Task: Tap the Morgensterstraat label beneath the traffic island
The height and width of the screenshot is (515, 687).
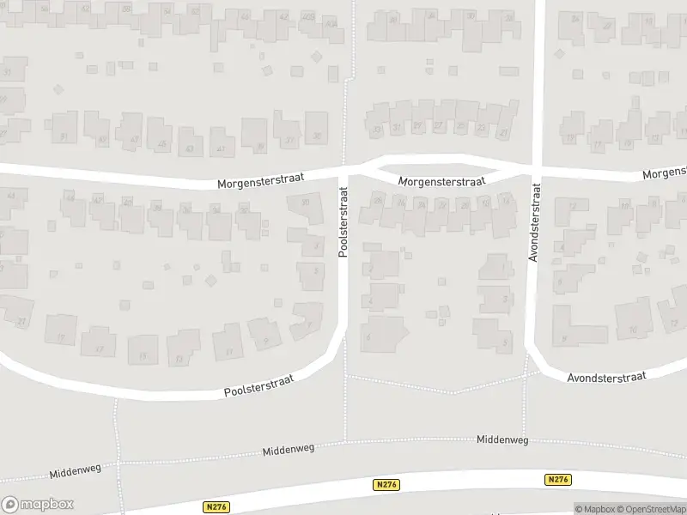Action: [442, 181]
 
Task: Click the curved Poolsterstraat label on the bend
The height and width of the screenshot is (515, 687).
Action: [258, 385]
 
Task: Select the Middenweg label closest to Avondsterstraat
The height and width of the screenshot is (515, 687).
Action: [502, 439]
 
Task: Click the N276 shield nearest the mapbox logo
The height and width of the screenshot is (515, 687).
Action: [217, 507]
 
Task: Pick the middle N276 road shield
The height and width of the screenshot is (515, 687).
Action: [386, 485]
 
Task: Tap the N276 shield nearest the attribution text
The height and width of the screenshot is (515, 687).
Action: [558, 480]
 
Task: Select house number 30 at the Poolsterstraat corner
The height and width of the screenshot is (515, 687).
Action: [306, 203]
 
